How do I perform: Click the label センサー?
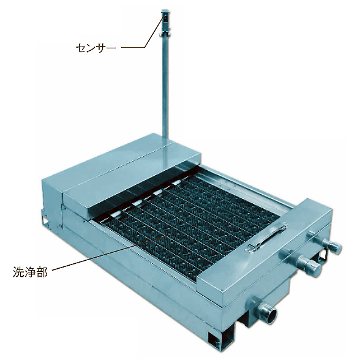[96, 48]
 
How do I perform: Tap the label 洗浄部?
[30, 272]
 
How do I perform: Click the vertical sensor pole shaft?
[165, 87]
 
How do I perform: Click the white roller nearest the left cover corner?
[116, 214]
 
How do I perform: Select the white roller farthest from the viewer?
[176, 182]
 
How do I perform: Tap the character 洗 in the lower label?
[18, 272]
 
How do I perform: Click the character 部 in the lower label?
[42, 272]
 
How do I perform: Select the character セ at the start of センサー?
[81, 48]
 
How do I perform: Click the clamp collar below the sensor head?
[165, 34]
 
